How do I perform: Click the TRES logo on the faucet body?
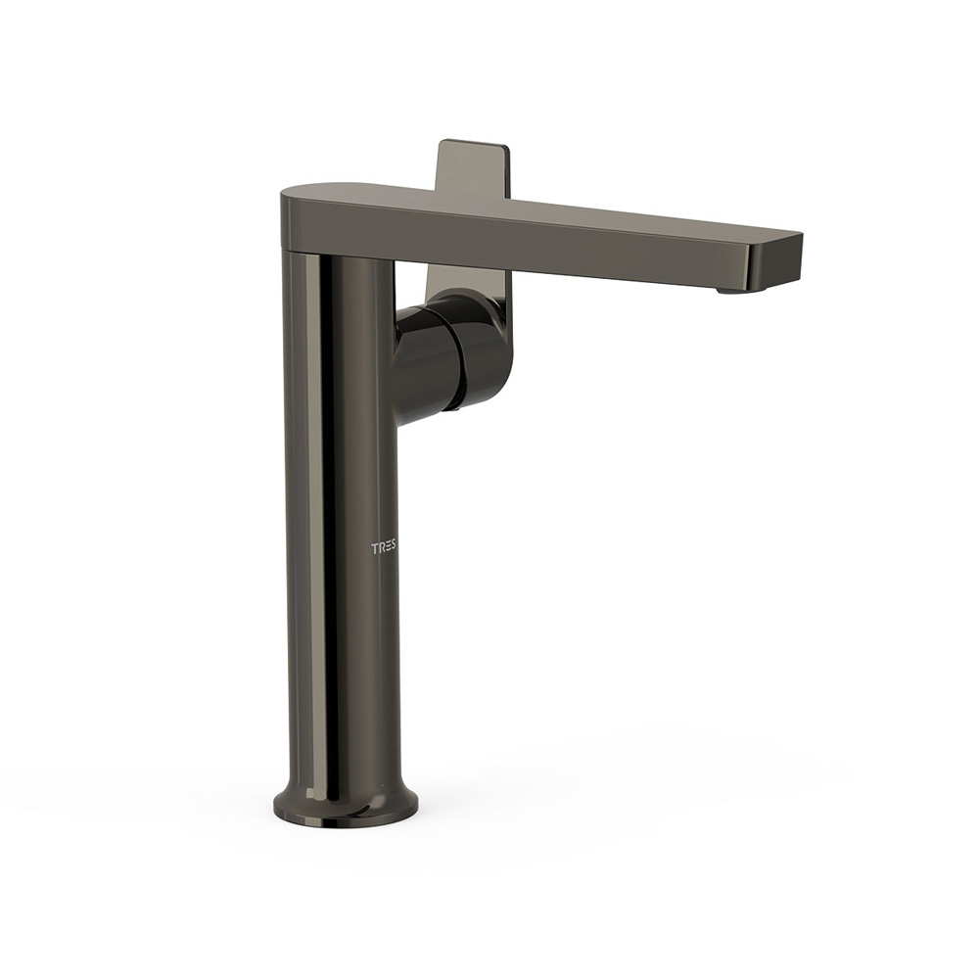coord(384,549)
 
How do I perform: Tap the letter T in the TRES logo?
coord(375,549)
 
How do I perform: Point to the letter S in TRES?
coord(393,549)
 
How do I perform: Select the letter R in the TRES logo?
coord(381,549)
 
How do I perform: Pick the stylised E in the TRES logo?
coord(387,549)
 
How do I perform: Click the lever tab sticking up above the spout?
coord(474,167)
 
